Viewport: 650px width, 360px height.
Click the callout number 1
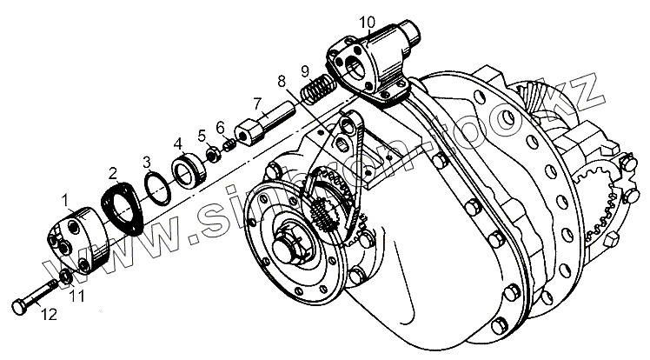[x=65, y=201]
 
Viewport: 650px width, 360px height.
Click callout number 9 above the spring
[x=305, y=70]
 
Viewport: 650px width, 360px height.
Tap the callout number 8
[x=281, y=82]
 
